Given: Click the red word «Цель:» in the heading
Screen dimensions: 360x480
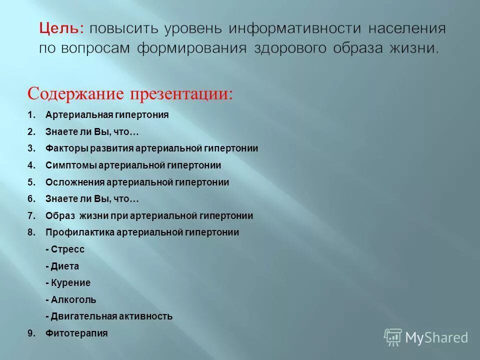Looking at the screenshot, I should [x=61, y=28].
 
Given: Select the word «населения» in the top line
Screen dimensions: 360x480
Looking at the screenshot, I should [x=407, y=28].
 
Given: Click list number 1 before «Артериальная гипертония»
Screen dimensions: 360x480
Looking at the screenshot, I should [x=31, y=115].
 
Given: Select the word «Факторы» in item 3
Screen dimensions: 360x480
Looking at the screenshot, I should [x=67, y=148].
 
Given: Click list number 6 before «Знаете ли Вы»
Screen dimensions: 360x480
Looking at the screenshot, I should [x=31, y=199].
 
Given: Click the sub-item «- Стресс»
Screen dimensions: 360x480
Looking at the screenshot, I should [x=65, y=249].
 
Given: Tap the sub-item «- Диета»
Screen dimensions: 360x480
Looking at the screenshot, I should [x=62, y=266].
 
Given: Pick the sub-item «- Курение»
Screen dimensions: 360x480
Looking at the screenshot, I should [x=68, y=283].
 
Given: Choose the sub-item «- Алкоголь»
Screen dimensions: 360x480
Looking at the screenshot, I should [x=70, y=300].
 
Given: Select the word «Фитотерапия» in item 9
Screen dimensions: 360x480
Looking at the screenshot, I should [x=76, y=333].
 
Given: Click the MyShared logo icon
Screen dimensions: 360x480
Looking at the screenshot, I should [x=393, y=337].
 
